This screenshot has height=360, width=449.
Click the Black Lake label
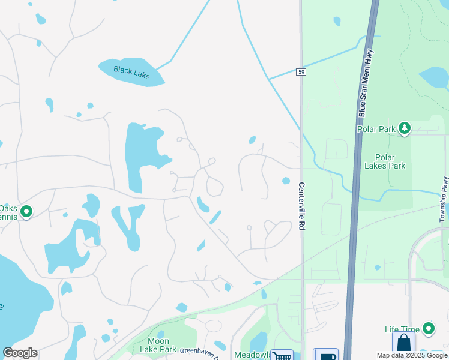click(131, 71)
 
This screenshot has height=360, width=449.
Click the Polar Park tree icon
click(405, 128)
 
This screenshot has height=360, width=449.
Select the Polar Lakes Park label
click(385, 161)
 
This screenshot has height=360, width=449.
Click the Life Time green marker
click(429, 329)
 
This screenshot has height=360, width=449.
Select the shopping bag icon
click(403, 344)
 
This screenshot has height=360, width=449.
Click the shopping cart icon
click(282, 355)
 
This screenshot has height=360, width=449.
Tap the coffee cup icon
click(327, 355)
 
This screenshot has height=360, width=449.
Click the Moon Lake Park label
click(158, 345)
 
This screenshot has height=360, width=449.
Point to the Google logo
click(20, 353)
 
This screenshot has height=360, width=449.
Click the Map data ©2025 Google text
click(412, 355)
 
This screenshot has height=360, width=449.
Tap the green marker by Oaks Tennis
click(26, 212)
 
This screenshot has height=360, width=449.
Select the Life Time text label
click(400, 329)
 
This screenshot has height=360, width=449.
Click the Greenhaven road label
click(197, 350)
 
